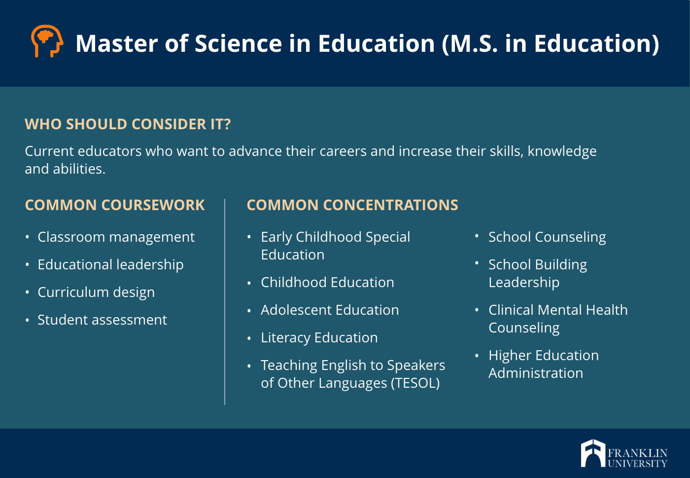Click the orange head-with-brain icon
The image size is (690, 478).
47,41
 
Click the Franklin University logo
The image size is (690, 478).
624,453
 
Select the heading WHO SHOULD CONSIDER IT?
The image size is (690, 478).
128,124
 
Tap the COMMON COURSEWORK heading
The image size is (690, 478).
115,205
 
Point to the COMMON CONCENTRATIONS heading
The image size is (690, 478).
352,205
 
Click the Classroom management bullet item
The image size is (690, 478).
116,237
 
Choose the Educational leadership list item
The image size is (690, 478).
110,264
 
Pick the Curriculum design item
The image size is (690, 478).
96,293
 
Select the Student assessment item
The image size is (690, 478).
103,320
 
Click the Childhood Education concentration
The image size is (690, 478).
327,283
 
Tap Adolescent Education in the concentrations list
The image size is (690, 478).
330,310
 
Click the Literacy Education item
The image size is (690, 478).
319,338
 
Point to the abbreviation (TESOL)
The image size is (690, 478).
415,383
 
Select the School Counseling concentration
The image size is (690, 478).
547,237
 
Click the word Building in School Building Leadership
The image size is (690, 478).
561,265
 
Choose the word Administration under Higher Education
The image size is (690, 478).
536,373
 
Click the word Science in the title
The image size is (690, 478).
238,43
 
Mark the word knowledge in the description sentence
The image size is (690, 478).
562,151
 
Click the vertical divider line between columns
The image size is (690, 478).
225,301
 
